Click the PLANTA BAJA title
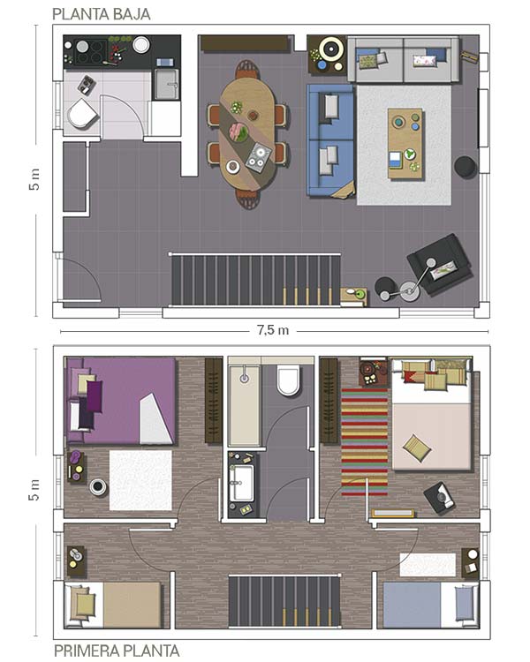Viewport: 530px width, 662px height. [x=101, y=14]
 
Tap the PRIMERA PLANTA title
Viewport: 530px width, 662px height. [x=117, y=651]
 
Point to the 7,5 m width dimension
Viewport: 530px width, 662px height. [x=273, y=330]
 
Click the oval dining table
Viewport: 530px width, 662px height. [x=247, y=135]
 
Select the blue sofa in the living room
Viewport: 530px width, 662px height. [x=330, y=140]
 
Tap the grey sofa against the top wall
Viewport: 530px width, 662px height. [x=403, y=59]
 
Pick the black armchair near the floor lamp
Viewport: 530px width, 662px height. [x=440, y=264]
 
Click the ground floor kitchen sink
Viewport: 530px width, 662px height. [x=166, y=84]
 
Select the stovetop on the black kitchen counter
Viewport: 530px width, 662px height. [x=91, y=51]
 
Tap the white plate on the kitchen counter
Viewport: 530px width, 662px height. [x=141, y=45]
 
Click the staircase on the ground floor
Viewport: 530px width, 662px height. [x=255, y=280]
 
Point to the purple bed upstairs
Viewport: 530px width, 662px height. [x=120, y=401]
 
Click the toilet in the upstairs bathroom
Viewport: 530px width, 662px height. [x=289, y=380]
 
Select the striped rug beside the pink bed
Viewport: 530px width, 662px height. [x=364, y=441]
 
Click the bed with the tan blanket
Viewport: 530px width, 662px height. [x=113, y=606]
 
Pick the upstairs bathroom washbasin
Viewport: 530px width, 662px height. [x=242, y=483]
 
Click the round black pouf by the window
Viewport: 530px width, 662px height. [x=466, y=167]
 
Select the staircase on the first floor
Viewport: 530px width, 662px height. [x=284, y=601]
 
